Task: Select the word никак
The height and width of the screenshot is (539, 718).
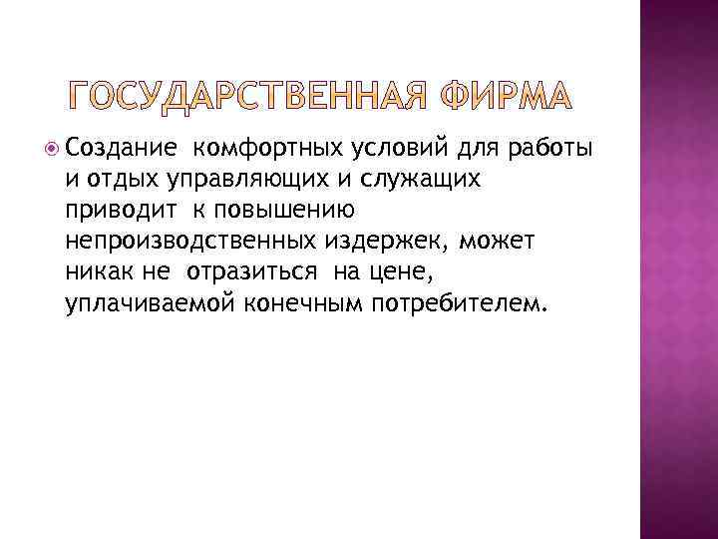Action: pos(94,272)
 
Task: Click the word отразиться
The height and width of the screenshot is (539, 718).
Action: pos(249,272)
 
